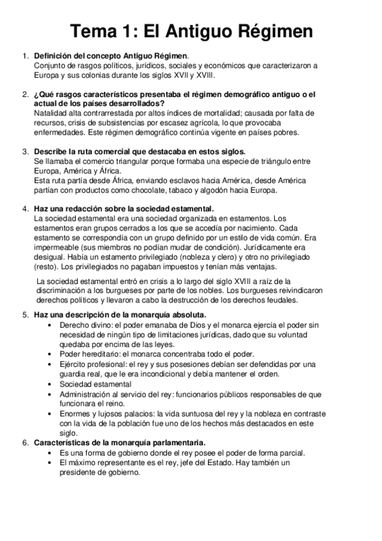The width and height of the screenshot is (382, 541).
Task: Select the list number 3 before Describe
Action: click(25, 152)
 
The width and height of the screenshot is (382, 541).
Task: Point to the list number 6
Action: click(25, 442)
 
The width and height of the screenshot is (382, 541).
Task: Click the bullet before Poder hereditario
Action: click(50, 354)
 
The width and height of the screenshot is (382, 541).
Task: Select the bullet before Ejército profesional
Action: click(50, 364)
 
